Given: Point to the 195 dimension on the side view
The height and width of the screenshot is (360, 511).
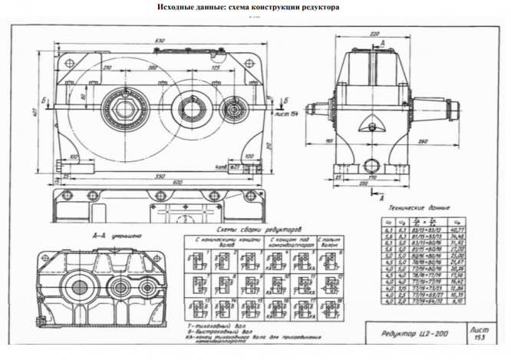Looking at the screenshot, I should point(330,142).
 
